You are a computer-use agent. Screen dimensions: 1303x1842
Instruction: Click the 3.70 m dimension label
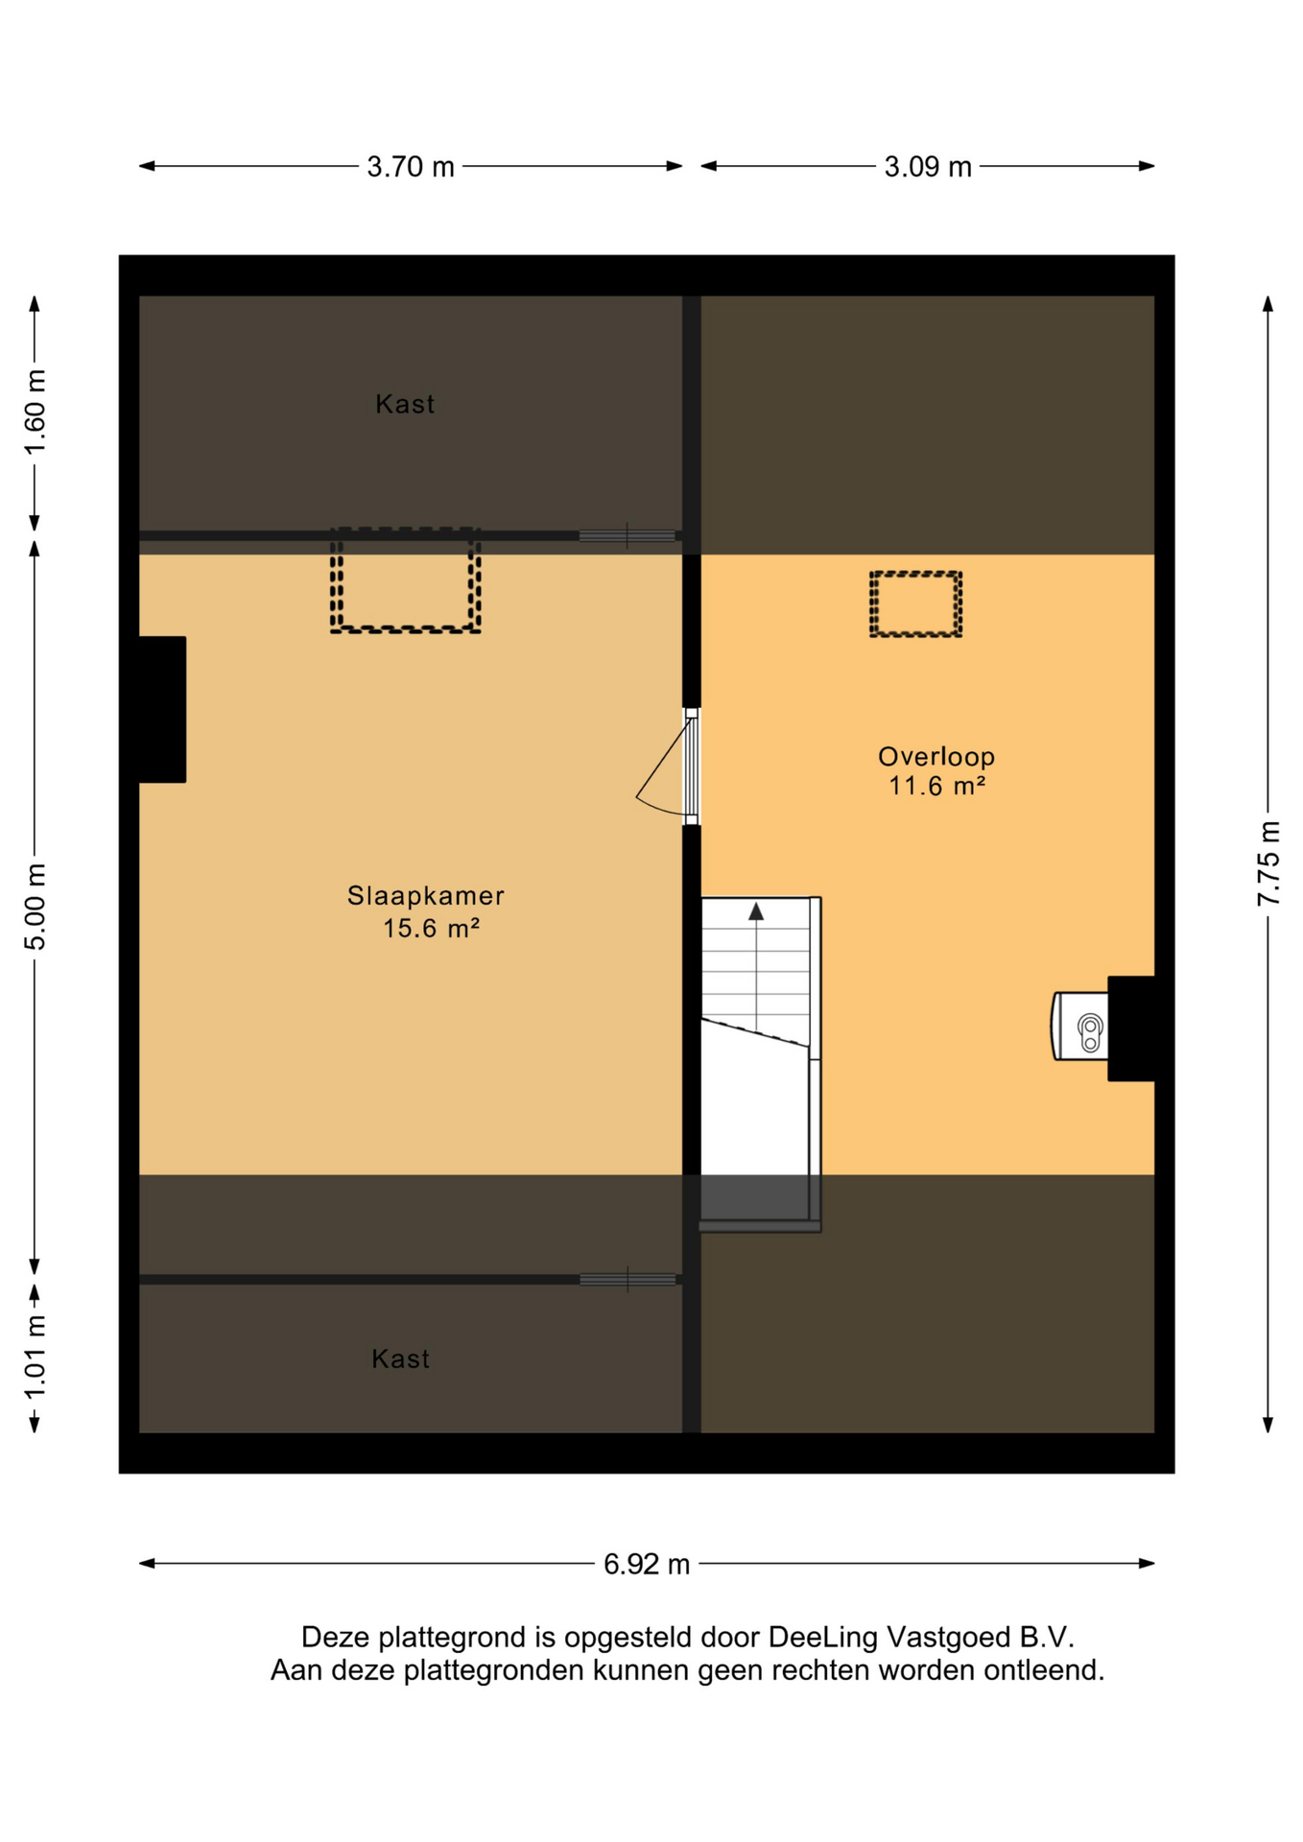(x=411, y=167)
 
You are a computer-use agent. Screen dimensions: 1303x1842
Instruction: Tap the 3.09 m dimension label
(x=928, y=167)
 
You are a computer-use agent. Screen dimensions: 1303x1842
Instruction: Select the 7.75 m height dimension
(x=1268, y=862)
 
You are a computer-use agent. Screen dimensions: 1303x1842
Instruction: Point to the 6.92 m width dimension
(x=647, y=1565)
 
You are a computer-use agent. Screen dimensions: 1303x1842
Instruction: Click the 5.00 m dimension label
(x=36, y=907)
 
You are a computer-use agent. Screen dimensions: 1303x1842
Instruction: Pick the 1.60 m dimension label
(x=36, y=413)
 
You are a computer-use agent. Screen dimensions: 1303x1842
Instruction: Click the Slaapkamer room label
(x=425, y=896)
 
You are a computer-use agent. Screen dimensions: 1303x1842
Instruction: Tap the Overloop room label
(x=936, y=757)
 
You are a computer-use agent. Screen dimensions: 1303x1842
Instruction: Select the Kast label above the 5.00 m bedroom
(x=405, y=404)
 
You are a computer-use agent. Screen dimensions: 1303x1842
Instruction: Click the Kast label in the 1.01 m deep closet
(x=400, y=1358)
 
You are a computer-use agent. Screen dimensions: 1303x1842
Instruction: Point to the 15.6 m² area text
(x=431, y=928)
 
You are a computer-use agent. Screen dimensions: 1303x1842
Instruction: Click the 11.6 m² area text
(x=936, y=786)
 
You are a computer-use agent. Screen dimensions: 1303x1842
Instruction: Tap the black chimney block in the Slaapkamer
(x=162, y=709)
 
